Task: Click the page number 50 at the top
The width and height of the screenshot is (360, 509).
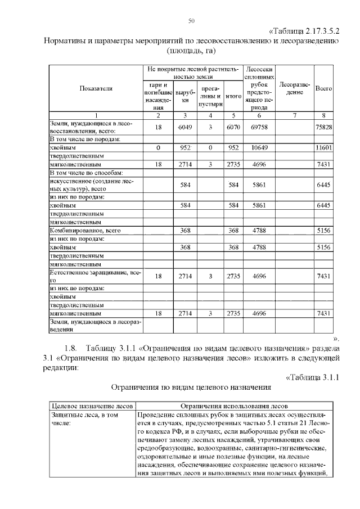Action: (x=191, y=21)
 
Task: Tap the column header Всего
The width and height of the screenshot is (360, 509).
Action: (x=323, y=88)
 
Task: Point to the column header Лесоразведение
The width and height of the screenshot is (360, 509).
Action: (x=295, y=88)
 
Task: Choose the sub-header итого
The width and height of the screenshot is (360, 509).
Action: (x=233, y=96)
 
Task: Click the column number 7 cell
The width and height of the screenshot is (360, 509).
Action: (x=295, y=115)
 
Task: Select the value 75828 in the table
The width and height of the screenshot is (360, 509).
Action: (x=323, y=127)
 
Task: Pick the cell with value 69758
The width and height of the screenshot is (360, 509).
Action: (x=259, y=127)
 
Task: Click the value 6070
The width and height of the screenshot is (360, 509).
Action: (x=233, y=127)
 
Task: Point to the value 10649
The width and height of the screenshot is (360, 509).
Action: (x=259, y=147)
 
